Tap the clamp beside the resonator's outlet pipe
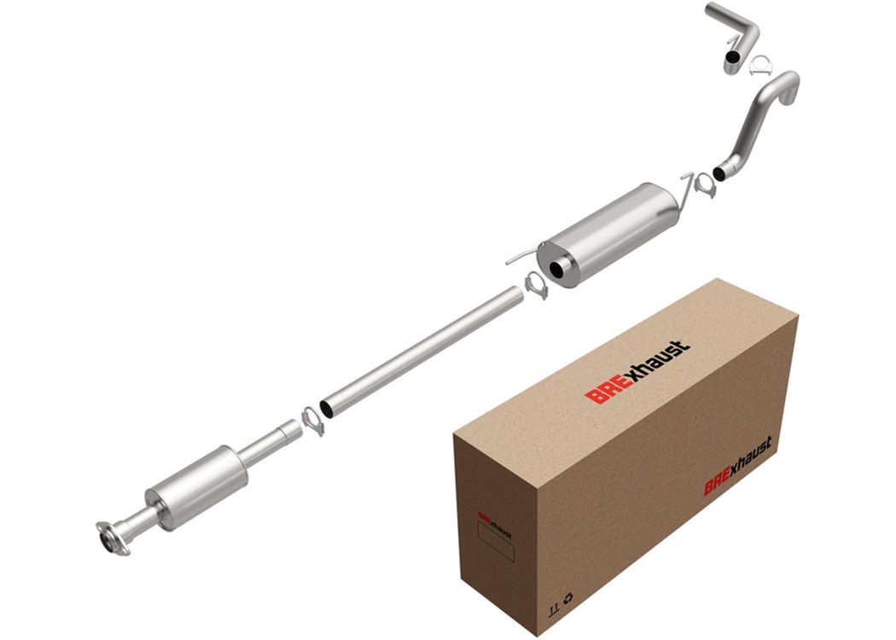coord(312,421)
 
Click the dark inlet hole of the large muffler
coord(555,270)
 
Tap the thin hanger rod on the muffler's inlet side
coord(521,257)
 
